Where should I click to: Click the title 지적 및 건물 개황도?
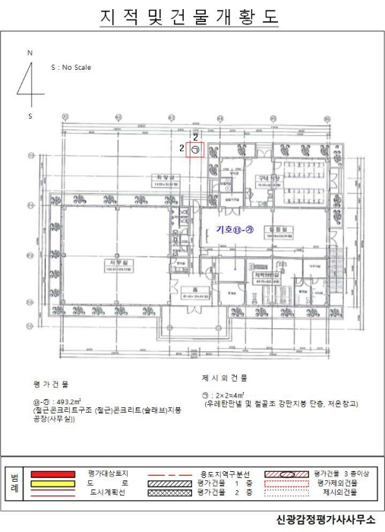190,17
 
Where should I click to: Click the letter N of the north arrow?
30,53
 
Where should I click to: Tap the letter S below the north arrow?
30,116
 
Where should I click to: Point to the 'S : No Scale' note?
71,68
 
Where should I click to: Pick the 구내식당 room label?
269,177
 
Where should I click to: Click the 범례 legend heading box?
14,483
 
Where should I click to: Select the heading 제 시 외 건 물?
224,377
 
